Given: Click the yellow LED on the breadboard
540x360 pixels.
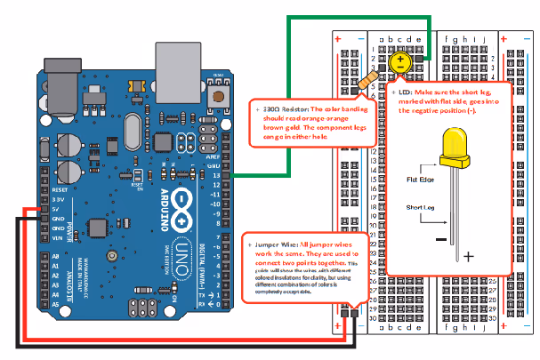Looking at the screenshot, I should (401, 61).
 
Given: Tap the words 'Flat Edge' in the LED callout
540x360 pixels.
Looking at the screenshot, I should (420, 178).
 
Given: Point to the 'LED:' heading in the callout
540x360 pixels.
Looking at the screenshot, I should (406, 92).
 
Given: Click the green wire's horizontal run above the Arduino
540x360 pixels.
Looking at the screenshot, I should (356, 16).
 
